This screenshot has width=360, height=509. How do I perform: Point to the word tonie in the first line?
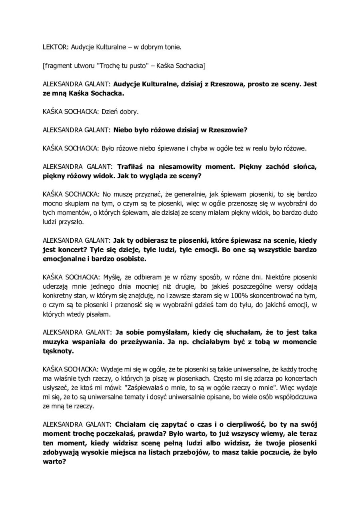coord(172,48)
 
